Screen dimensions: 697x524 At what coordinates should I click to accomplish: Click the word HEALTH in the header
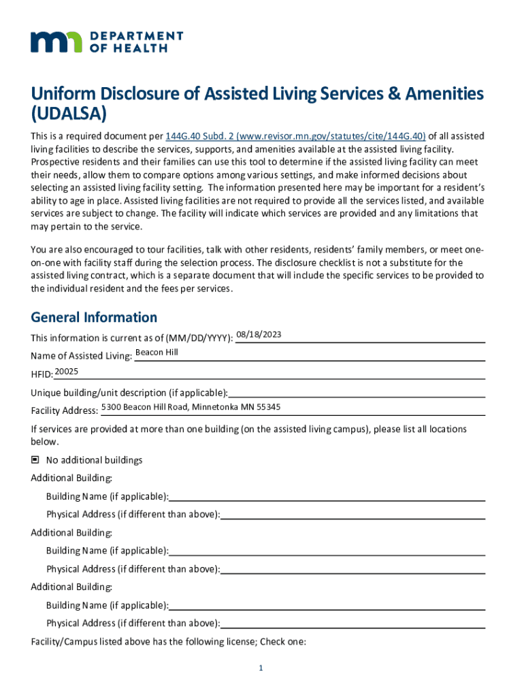pyautogui.click(x=142, y=48)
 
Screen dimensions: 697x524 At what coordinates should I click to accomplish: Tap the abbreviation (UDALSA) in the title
pyautogui.click(x=69, y=112)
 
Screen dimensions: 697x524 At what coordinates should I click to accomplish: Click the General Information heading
pyautogui.click(x=94, y=317)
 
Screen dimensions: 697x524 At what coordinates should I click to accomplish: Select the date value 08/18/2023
pyautogui.click(x=259, y=334)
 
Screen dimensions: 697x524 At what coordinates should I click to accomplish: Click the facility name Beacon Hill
pyautogui.click(x=157, y=353)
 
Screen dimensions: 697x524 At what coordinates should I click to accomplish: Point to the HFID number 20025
pyautogui.click(x=67, y=371)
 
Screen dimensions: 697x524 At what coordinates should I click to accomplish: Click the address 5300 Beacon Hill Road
pyautogui.click(x=191, y=407)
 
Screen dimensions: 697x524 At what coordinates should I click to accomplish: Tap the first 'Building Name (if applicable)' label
pyautogui.click(x=108, y=496)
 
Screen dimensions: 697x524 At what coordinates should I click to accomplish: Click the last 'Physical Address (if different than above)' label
pyautogui.click(x=133, y=623)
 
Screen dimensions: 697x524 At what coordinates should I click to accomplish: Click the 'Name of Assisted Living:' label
pyautogui.click(x=82, y=356)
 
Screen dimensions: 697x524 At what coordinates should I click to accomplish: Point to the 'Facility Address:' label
pyautogui.click(x=65, y=410)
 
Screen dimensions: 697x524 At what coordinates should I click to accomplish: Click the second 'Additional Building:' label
pyautogui.click(x=71, y=532)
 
